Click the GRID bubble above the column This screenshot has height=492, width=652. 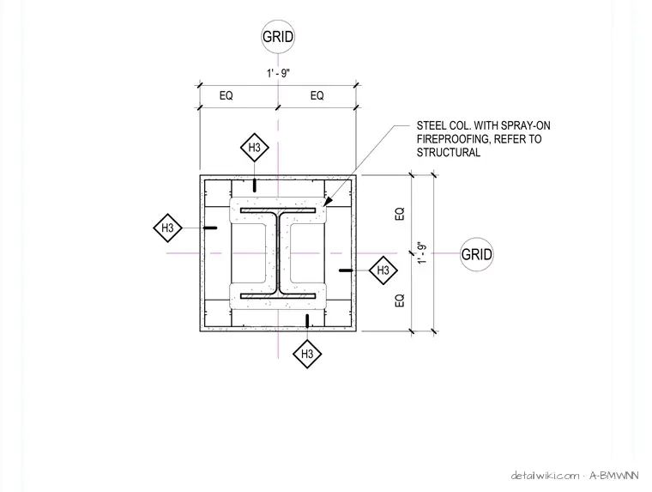pos(278,37)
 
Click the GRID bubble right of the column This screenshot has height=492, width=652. pos(476,254)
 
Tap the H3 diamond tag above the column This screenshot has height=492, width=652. pos(255,148)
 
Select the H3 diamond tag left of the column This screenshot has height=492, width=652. pos(167,228)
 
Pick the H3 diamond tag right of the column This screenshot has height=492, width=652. pos(383,270)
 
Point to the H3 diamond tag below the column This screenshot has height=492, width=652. pos(307,354)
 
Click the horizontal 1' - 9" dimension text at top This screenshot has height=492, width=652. pos(278,73)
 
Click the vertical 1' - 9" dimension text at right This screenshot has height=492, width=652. pos(422,252)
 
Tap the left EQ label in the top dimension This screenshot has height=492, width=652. pos(226,95)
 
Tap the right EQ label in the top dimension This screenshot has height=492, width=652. pos(317,95)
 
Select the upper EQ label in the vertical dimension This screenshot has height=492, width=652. pos(400,214)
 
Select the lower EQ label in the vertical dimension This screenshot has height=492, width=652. pos(400,301)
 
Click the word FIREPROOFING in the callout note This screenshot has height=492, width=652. pos(452,139)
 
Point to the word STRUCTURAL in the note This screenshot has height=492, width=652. pos(448,152)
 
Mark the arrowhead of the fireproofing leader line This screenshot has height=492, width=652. pos(328,201)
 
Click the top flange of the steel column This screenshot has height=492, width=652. pos(278,210)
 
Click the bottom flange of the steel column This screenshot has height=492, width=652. pos(278,296)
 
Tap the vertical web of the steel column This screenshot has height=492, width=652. pos(278,253)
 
